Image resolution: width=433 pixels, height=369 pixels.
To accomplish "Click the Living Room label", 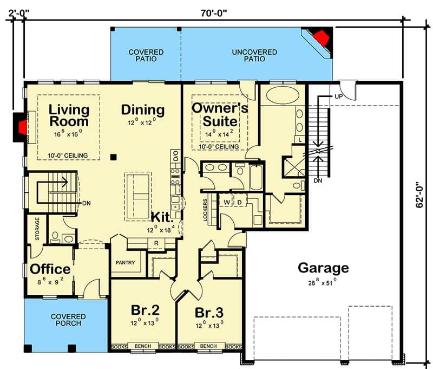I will [69, 114].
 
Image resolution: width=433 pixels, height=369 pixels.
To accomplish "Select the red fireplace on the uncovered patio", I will [322, 38].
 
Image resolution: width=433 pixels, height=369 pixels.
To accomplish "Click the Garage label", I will [323, 268].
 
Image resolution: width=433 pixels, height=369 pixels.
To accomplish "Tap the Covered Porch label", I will [68, 320].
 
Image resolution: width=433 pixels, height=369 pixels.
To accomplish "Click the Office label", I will [50, 269].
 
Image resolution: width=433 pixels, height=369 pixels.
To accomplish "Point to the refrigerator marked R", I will [156, 243].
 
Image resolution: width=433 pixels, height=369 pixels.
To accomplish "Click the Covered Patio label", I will [146, 55].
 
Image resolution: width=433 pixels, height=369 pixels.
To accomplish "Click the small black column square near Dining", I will [113, 157].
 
